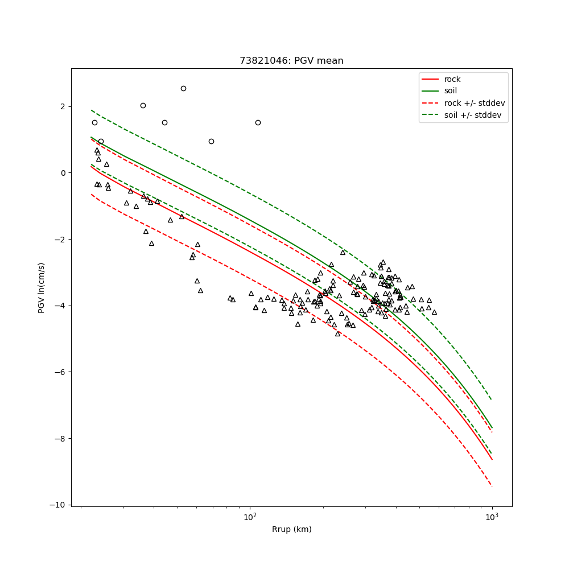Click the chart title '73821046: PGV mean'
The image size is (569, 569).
pyautogui.click(x=291, y=61)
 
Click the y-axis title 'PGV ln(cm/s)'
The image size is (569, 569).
pyautogui.click(x=42, y=287)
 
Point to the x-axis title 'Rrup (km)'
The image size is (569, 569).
pyautogui.click(x=291, y=529)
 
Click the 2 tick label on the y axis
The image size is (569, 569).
pyautogui.click(x=63, y=107)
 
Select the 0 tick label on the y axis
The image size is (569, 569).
pyautogui.click(x=63, y=173)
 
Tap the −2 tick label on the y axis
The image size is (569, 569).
pyautogui.click(x=61, y=240)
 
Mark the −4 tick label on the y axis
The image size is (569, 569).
pyautogui.click(x=61, y=306)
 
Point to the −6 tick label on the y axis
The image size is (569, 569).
pyautogui.click(x=61, y=372)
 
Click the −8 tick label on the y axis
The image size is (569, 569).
pyautogui.click(x=61, y=439)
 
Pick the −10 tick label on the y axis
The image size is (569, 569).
pyautogui.click(x=59, y=505)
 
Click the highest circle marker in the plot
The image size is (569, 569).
pyautogui.click(x=183, y=88)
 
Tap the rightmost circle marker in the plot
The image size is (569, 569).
pyautogui.click(x=258, y=122)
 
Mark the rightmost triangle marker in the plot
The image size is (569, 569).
pyautogui.click(x=434, y=312)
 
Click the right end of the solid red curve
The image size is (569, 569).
pyautogui.click(x=492, y=459)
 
